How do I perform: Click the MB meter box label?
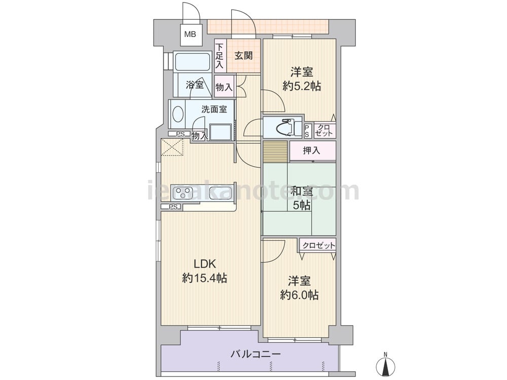[x=190, y=34]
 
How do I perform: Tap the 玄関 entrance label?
[x=243, y=56]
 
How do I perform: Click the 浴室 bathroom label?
[x=195, y=85]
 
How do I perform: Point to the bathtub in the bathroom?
[x=192, y=61]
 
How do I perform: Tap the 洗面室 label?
[x=214, y=109]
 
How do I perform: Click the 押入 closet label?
[x=311, y=150]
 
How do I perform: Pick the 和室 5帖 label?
[x=301, y=198]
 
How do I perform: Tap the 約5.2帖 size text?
[x=302, y=86]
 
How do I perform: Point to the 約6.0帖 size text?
[x=300, y=295]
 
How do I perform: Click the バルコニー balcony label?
[x=256, y=354]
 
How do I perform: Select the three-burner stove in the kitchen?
[x=183, y=193]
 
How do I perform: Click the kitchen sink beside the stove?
[x=221, y=193]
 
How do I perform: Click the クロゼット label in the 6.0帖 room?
[x=319, y=246]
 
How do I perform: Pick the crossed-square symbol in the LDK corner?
[x=172, y=147]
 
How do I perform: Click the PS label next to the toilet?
[x=307, y=131]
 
